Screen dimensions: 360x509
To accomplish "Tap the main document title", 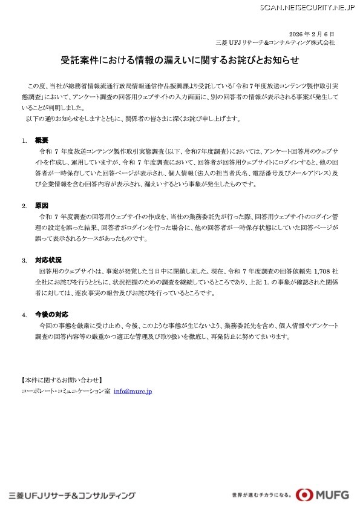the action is point(180,61).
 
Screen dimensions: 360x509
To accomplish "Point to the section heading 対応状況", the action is point(48,260).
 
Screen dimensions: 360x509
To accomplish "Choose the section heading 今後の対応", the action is point(51,315).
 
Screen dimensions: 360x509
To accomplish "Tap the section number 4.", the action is point(24,315).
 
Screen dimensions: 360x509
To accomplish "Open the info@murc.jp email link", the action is point(133,392).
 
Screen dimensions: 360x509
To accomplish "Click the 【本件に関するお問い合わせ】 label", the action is point(61,380).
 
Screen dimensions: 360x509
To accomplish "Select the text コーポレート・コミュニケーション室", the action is point(65,392).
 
